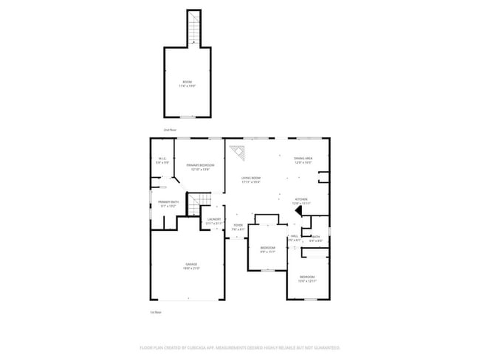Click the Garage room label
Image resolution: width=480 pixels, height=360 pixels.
coord(191,266)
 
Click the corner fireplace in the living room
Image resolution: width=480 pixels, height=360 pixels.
coord(237,153)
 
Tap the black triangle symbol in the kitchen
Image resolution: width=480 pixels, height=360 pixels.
coord(298,211)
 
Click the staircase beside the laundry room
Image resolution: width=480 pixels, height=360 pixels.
coord(198,202)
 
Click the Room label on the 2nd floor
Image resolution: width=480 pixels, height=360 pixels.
coord(187,83)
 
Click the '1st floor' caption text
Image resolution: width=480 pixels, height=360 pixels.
coord(155,312)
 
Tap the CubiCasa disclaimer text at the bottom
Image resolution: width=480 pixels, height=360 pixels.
coord(239,347)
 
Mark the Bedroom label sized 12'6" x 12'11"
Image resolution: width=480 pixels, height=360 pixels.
coord(307,279)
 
